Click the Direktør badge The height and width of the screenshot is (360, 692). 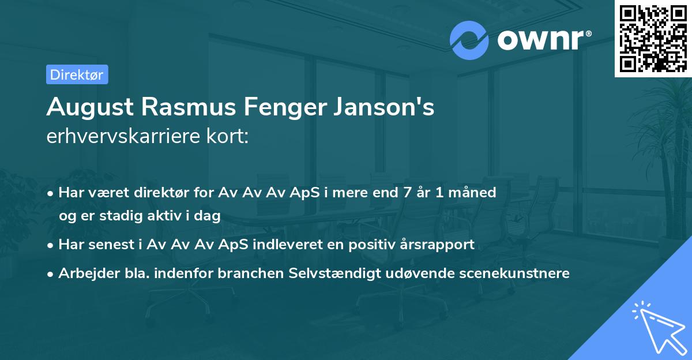[x=77, y=74]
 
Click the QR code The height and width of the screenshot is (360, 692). [x=653, y=39]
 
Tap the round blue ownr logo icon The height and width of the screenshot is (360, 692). [x=469, y=40]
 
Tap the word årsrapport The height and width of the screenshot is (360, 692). [x=439, y=245]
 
